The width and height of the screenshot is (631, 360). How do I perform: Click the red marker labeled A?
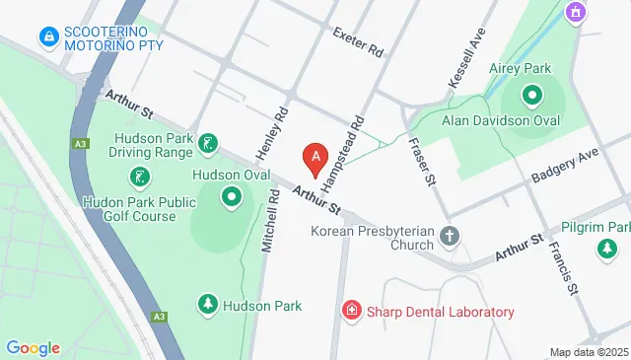[x=315, y=156]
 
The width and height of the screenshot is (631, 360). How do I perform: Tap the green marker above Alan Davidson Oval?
[x=532, y=96]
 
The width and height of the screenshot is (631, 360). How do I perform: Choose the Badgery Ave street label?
[x=565, y=166]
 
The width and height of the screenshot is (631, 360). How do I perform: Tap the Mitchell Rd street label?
[x=267, y=223]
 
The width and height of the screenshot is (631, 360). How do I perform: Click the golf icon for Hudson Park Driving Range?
[x=208, y=145]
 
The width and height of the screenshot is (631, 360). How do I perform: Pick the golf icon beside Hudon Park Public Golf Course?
[x=140, y=179]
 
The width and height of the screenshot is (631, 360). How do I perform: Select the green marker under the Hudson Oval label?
[x=232, y=197]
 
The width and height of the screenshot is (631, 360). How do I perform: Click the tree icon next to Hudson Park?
[x=208, y=306]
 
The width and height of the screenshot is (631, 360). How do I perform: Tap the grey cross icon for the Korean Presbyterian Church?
[x=450, y=237]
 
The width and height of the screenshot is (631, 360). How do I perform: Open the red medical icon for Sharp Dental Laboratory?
[x=350, y=312]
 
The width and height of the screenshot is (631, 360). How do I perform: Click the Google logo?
[x=33, y=347]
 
